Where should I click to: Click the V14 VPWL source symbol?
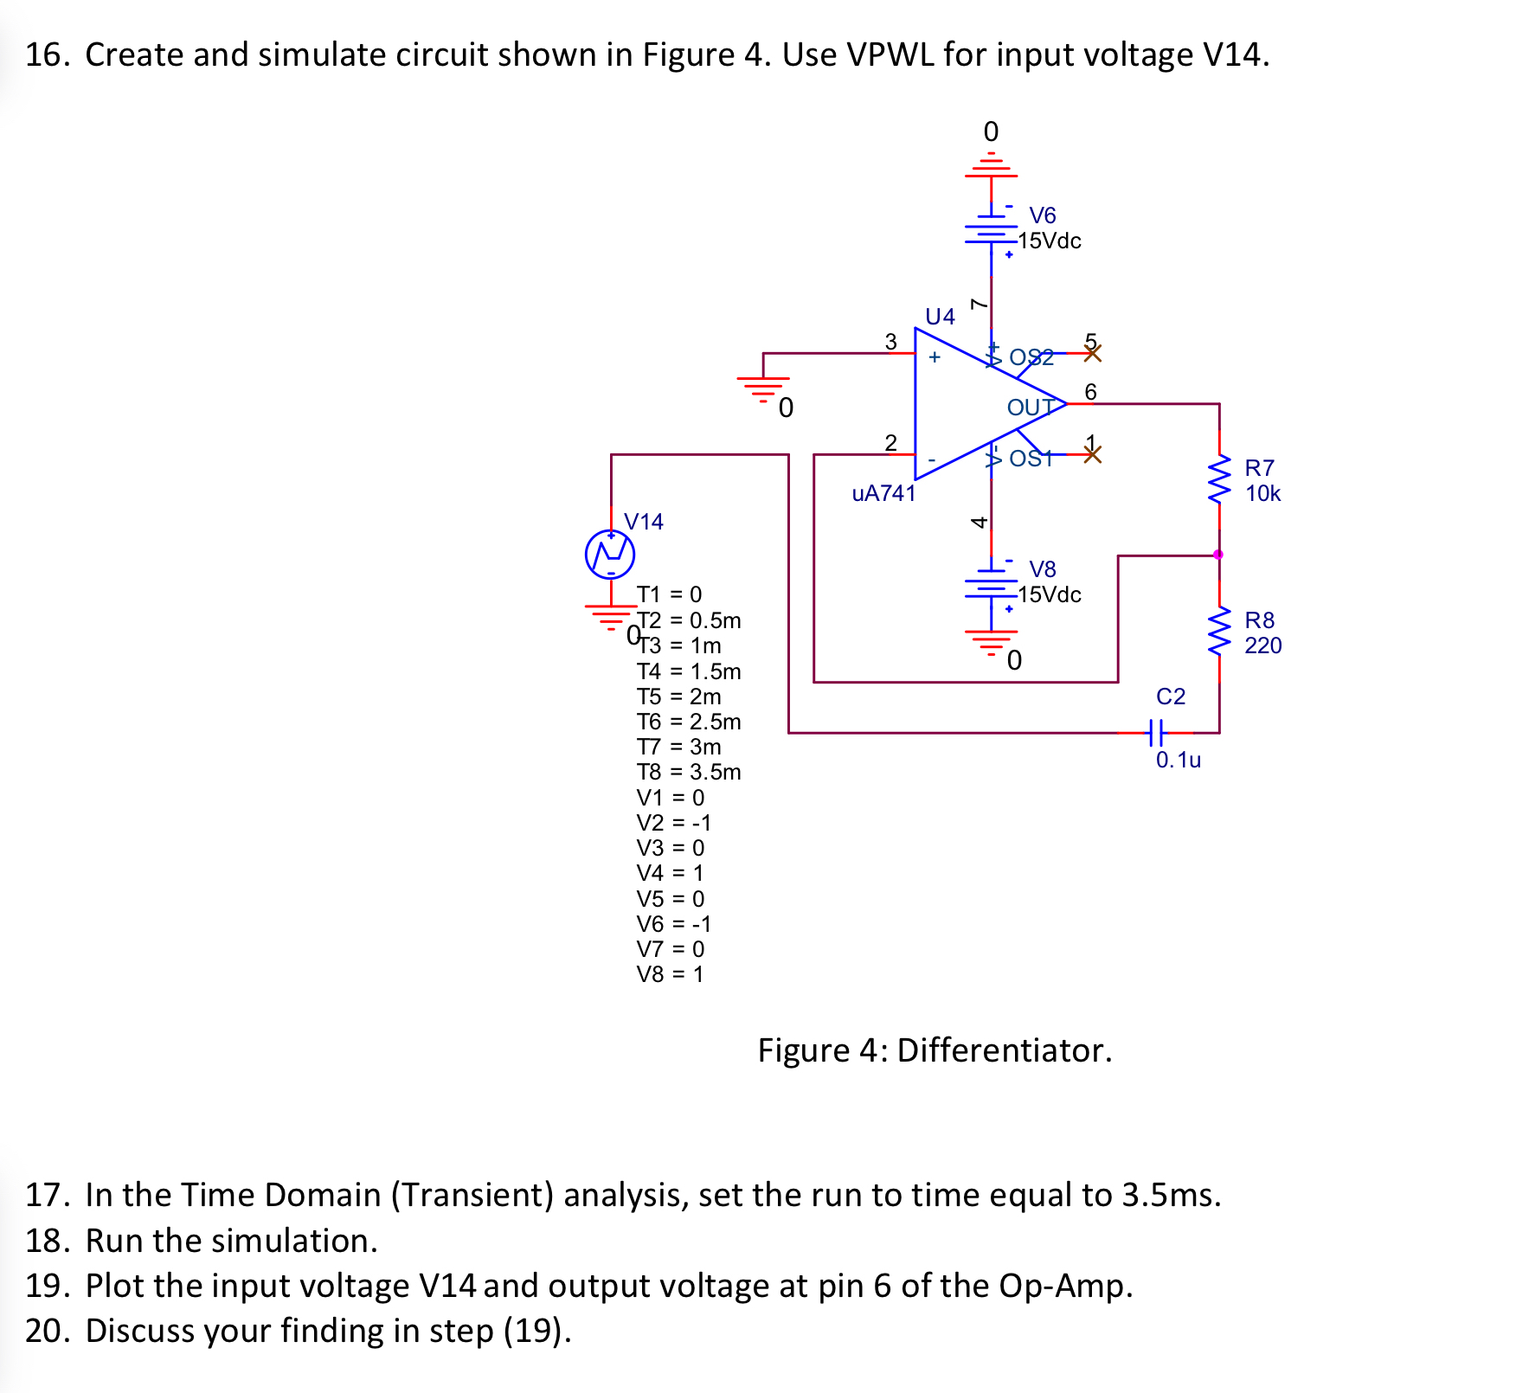tap(610, 554)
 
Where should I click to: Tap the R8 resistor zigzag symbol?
tap(1219, 632)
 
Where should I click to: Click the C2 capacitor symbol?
tap(1157, 733)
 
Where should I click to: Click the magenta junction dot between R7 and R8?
tap(1218, 555)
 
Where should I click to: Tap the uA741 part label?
tap(883, 493)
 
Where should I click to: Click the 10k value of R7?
tap(1262, 494)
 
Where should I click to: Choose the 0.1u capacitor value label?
tap(1179, 760)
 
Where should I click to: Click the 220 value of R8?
tap(1262, 645)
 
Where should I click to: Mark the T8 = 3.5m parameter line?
tap(689, 772)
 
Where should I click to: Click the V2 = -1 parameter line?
tap(674, 823)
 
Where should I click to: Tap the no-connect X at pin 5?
tap(1093, 353)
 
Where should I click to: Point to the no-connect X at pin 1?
tap(1093, 454)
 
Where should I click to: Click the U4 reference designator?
tap(940, 317)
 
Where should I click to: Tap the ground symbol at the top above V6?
tap(992, 164)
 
